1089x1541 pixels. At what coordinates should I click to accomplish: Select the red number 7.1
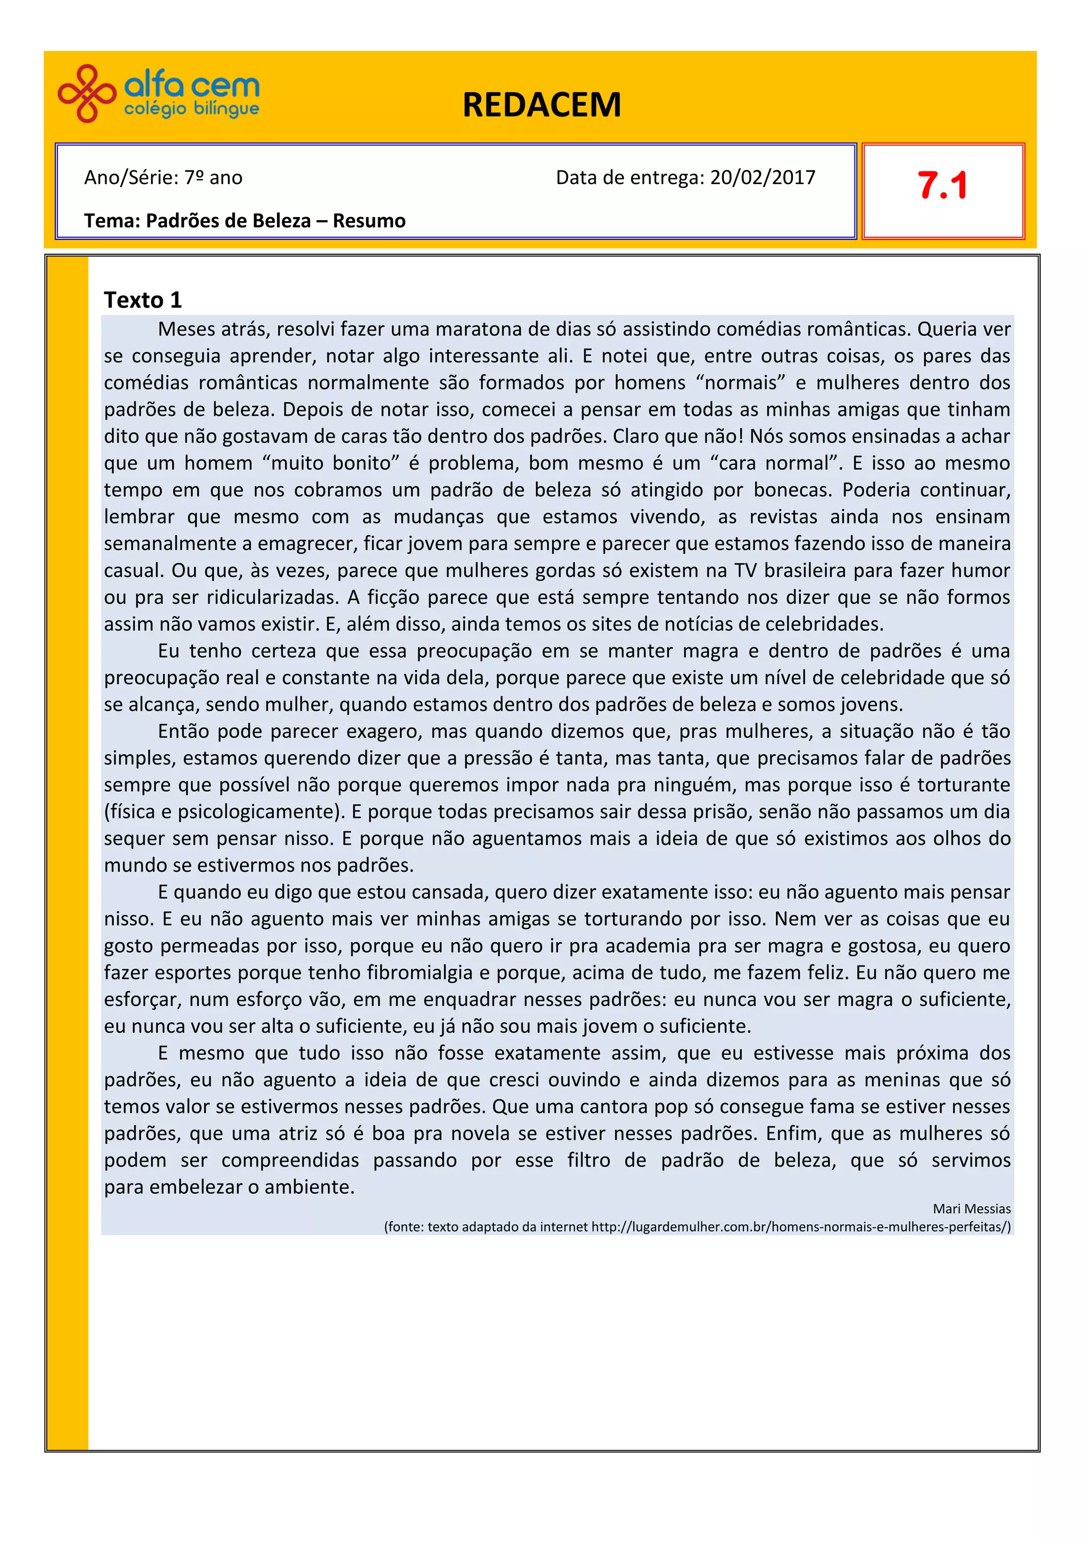point(942,186)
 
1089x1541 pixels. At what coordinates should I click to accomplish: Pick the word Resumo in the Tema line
point(369,221)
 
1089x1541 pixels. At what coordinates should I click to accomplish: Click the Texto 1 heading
point(143,299)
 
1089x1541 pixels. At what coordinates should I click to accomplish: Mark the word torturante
point(964,785)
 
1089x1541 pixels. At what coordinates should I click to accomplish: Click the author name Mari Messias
point(971,1209)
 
